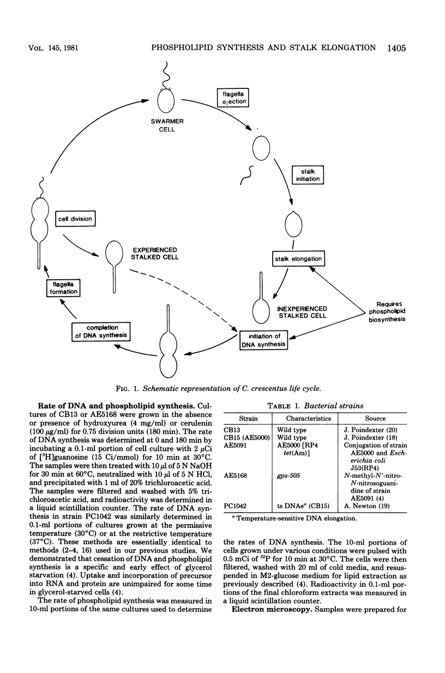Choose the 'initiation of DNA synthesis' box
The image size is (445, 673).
[x=263, y=340]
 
